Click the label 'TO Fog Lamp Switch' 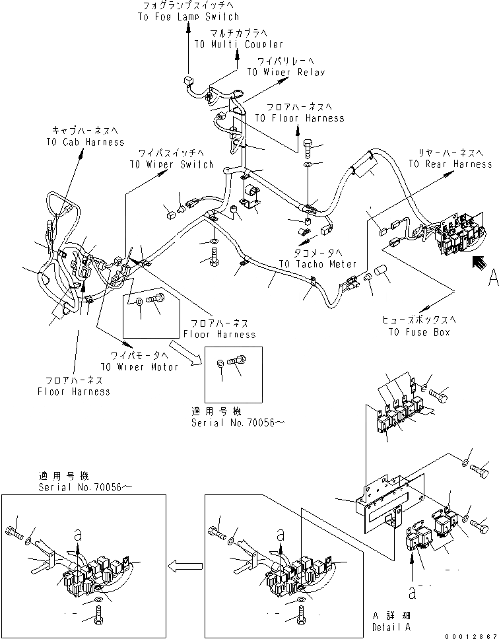(188, 17)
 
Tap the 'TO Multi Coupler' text (239, 44)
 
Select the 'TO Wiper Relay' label (286, 72)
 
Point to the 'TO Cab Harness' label (84, 142)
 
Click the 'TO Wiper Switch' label (171, 164)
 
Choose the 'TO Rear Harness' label (451, 164)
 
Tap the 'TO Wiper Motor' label (139, 367)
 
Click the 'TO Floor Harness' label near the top (299, 118)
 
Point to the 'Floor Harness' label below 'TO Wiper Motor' (73, 391)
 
